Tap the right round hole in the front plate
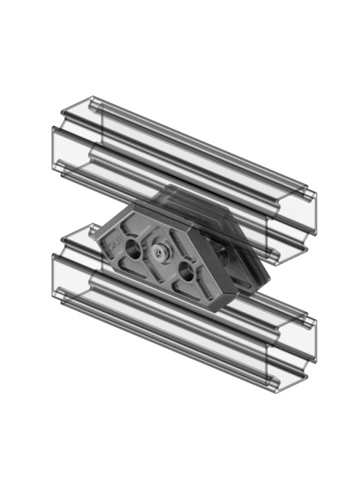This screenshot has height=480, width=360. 187,271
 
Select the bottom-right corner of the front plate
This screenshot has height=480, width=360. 215,309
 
